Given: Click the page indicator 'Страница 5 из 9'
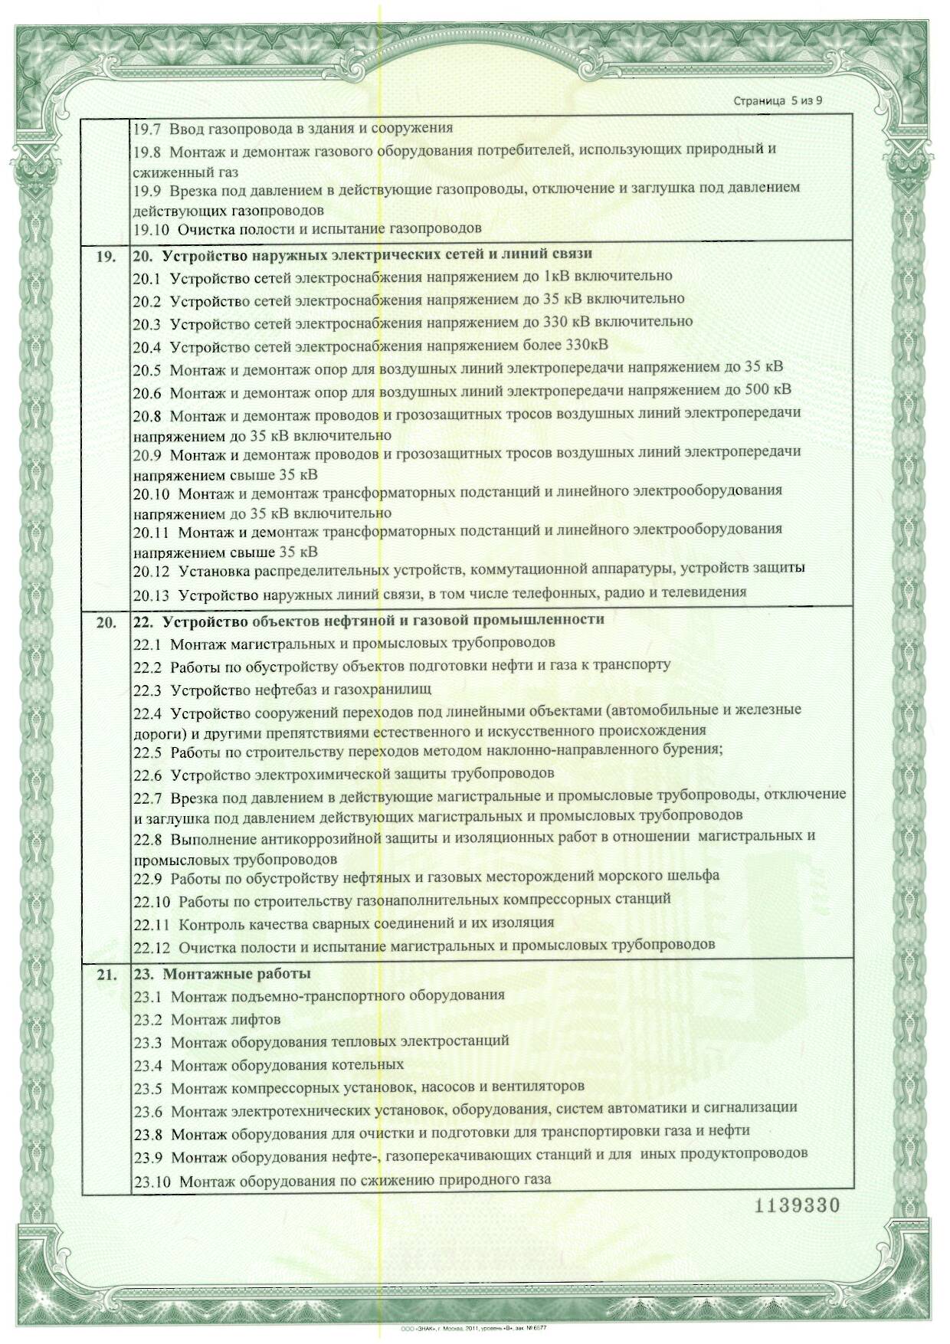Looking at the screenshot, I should click(x=778, y=100).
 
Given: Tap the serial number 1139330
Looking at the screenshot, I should click(x=798, y=1205).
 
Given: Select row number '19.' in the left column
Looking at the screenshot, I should click(x=106, y=256).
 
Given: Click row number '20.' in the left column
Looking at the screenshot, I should click(x=106, y=622).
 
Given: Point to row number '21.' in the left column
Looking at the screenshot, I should click(x=106, y=975).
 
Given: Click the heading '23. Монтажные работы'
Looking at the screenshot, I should click(x=222, y=974).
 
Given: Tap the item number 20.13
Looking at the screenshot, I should click(x=151, y=593).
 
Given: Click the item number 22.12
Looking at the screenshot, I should click(x=152, y=946).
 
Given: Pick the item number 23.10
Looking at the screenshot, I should click(x=152, y=1181).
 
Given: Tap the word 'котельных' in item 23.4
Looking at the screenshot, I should click(x=369, y=1064).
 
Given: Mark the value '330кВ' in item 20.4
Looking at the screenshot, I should click(x=587, y=344).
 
